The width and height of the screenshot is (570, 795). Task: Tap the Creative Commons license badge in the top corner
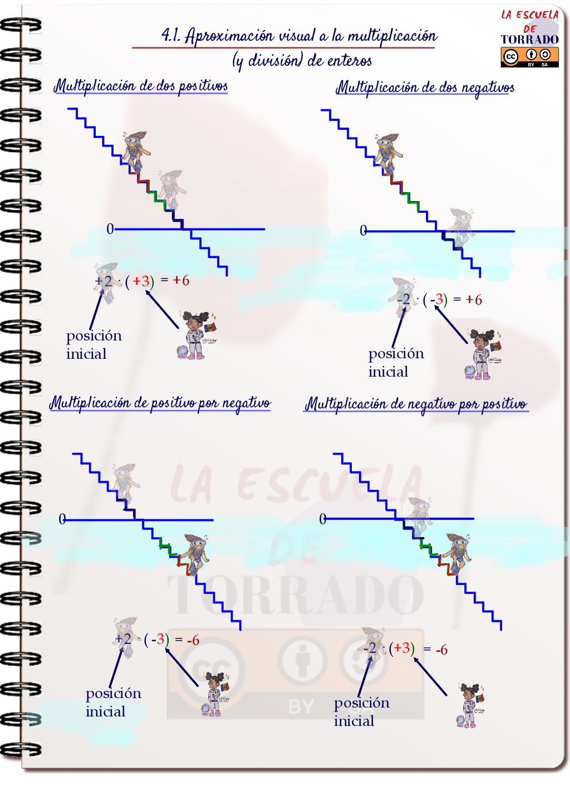[x=529, y=57]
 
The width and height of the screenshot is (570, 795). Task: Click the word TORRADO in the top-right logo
[x=529, y=40]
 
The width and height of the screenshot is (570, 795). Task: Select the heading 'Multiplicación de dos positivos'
[x=141, y=86]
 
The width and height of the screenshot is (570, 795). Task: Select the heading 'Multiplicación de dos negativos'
[x=425, y=87]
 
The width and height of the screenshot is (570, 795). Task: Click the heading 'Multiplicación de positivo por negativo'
[x=160, y=403]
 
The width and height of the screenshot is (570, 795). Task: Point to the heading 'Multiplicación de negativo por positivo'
[x=416, y=404]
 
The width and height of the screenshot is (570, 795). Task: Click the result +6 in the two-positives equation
[x=181, y=280]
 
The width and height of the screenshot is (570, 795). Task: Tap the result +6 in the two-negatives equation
[x=474, y=300]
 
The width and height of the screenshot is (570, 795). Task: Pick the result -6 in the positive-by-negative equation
[x=193, y=640]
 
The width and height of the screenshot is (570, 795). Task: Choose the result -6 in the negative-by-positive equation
[x=441, y=650]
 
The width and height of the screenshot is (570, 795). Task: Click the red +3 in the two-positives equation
[x=141, y=281]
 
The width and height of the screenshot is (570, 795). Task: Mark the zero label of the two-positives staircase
[x=110, y=229]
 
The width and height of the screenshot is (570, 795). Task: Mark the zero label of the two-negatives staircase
[x=363, y=231]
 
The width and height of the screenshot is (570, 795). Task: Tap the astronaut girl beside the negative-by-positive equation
[x=471, y=705]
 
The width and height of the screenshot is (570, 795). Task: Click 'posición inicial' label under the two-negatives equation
[x=396, y=362]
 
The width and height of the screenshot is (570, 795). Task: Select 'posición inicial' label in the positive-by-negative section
[x=114, y=702]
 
